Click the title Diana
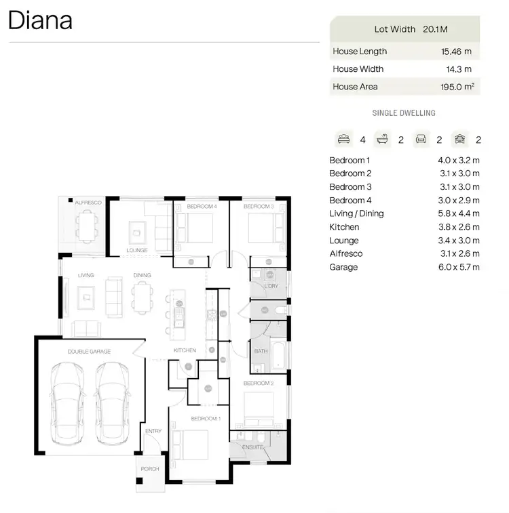coord(40,20)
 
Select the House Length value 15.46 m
coord(456,52)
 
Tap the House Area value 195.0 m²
coord(456,87)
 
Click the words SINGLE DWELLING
coord(404,113)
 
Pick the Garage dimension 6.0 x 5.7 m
coord(459,267)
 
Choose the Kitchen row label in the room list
coord(344,227)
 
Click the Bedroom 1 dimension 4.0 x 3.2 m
coord(459,161)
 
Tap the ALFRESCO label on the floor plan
coord(88,203)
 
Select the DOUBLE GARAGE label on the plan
coord(89,352)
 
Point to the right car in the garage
coord(112,403)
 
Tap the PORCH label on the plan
coord(149,469)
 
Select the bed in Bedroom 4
coord(195,228)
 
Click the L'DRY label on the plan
coord(271,287)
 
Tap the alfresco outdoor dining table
coord(86,226)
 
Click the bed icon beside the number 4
coord(343,140)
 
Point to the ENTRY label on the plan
coord(153,431)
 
